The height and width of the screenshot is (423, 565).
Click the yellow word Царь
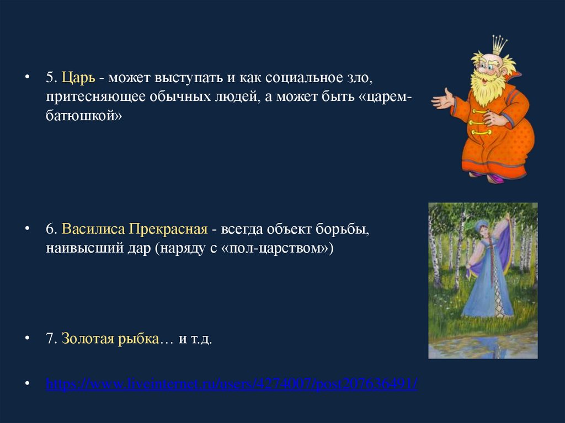coord(78,78)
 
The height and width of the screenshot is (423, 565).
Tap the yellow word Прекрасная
coord(168,229)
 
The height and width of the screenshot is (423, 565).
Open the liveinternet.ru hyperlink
coord(232,384)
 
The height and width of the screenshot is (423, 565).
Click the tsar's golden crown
coord(499,44)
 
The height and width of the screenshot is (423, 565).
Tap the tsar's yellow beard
coord(489,87)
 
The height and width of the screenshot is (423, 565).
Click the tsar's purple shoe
coord(495,178)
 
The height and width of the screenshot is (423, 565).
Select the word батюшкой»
coord(84,116)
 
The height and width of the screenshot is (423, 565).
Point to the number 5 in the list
coord(50,78)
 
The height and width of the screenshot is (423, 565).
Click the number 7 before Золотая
coord(50,339)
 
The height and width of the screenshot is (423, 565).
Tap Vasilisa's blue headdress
coord(481,226)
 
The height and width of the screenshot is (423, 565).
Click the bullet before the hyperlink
coord(27,384)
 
